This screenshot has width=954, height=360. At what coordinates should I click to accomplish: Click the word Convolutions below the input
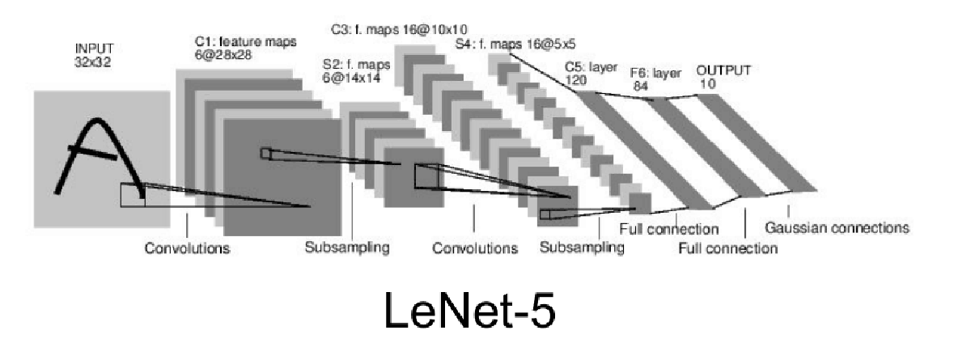coord(187,248)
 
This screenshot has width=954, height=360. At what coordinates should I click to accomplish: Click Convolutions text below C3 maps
coord(475,248)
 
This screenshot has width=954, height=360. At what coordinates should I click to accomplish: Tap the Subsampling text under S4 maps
coord(582,248)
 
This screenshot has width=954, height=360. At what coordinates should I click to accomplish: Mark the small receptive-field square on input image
coord(133,194)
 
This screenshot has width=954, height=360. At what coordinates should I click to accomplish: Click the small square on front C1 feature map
coord(266,153)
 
